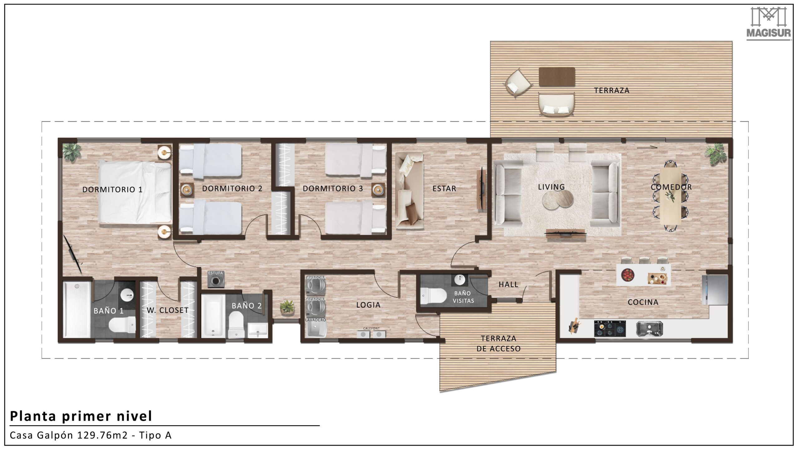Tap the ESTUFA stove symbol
point(216,281)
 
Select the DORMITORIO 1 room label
point(112,189)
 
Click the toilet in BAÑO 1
point(122,324)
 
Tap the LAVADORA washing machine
point(316,286)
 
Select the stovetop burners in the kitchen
point(610,328)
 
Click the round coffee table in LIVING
point(558,199)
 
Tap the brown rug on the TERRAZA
point(557,77)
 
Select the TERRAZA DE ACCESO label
point(498,343)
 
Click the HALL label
point(508,284)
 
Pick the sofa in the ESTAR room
point(409,191)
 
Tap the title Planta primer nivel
point(81,416)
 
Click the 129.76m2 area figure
point(102,435)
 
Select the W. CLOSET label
point(168,310)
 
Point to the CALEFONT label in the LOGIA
point(371,328)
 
